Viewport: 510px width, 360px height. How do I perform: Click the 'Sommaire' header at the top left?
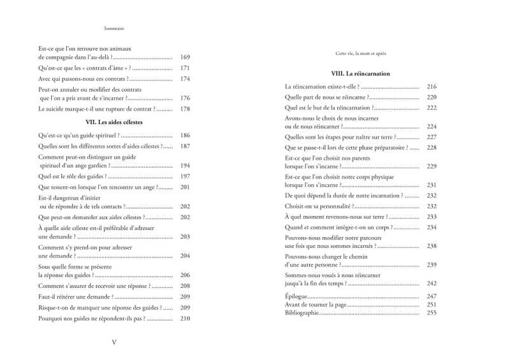(x=113, y=28)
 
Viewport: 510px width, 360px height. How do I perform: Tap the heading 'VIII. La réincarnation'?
(x=360, y=73)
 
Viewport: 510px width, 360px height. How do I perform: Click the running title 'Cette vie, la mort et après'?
(x=360, y=54)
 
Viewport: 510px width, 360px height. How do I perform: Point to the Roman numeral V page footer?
(x=113, y=342)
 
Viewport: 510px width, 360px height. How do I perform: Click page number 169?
(x=186, y=57)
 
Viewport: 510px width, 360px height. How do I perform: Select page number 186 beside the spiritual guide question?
(x=186, y=135)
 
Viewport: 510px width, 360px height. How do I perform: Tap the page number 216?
(x=432, y=86)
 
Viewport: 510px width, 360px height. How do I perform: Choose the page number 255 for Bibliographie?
(x=432, y=312)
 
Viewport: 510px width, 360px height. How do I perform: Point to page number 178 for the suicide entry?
(x=186, y=109)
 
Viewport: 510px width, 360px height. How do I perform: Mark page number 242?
(x=432, y=283)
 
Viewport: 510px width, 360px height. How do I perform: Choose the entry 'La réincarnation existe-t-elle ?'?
(x=322, y=86)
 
